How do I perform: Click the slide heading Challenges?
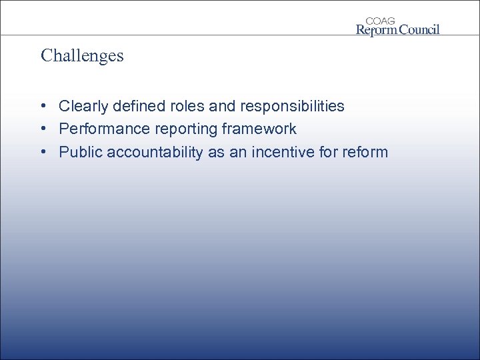(x=82, y=55)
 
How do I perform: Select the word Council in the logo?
(x=419, y=29)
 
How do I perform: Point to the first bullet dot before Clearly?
(x=42, y=106)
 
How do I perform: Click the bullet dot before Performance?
(x=42, y=129)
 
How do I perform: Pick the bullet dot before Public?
(x=42, y=152)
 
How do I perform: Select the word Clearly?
(x=83, y=106)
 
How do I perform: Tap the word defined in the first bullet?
(x=133, y=106)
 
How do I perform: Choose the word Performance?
(x=99, y=129)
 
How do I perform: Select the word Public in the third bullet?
(x=77, y=152)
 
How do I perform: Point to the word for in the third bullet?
(x=329, y=152)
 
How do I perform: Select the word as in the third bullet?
(x=216, y=152)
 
